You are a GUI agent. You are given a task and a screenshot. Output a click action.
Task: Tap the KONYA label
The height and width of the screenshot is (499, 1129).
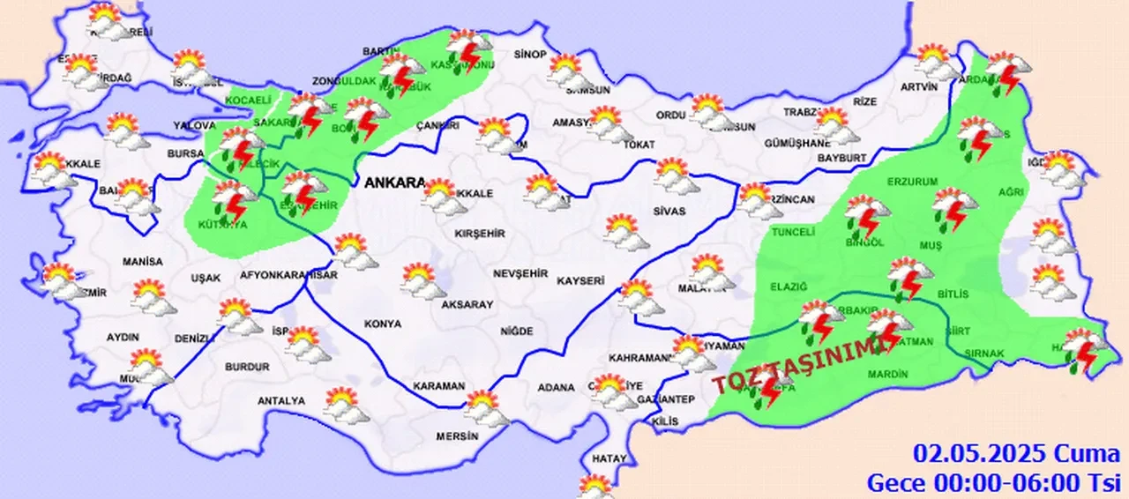[x=383, y=324]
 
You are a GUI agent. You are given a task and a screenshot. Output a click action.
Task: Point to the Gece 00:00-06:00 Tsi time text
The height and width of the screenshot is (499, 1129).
[x=992, y=482]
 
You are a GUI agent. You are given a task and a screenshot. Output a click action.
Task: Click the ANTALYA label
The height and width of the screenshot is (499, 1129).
[x=280, y=401]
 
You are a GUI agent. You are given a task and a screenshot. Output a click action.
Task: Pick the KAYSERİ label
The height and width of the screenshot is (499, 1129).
[x=580, y=281]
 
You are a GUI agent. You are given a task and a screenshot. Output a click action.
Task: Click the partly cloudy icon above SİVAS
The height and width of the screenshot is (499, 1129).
[x=677, y=174]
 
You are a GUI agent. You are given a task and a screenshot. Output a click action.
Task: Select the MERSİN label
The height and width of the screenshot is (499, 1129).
[x=457, y=436]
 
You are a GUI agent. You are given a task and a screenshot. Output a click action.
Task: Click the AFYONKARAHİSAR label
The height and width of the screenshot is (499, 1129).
[x=289, y=276]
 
